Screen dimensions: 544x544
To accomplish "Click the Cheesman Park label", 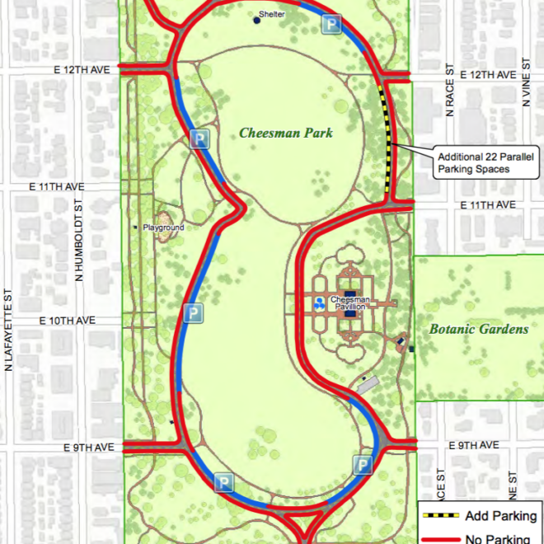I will coord(286,132).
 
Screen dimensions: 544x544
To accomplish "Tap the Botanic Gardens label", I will coord(478,329).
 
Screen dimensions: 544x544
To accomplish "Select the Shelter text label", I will coord(272,14).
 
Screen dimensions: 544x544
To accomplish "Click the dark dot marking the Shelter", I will coord(257,21).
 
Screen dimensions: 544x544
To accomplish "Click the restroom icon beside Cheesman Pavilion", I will coord(319,302).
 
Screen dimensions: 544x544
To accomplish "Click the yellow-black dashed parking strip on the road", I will coord(386,140).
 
